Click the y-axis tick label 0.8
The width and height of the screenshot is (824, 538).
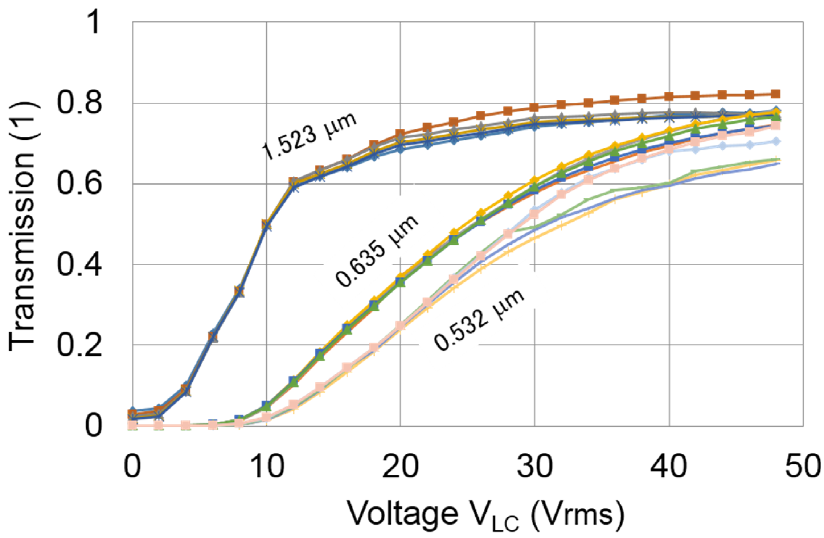(x=79, y=103)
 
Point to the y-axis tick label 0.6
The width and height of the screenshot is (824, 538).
(x=79, y=184)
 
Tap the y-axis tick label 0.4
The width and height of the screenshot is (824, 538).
(x=79, y=265)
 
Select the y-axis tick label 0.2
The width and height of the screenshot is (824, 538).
(x=79, y=345)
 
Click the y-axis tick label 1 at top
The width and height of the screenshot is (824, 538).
(x=94, y=22)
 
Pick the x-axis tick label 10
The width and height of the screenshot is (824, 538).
(x=267, y=467)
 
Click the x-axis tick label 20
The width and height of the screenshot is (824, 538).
(x=401, y=467)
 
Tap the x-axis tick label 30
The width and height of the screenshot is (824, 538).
(x=534, y=467)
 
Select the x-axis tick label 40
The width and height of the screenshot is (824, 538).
(x=669, y=467)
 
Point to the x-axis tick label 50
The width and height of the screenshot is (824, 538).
(x=803, y=467)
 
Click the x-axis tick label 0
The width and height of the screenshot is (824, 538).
(x=132, y=467)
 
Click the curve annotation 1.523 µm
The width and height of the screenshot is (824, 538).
(x=309, y=136)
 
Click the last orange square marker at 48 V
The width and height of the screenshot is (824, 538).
(x=776, y=94)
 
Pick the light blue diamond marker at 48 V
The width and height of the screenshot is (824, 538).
(x=776, y=142)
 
